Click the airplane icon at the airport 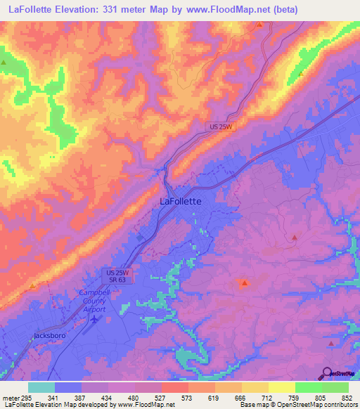(94, 319)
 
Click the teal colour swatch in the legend (41, 387)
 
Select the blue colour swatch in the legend (68, 387)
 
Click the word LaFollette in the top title (33, 9)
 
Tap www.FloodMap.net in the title (226, 9)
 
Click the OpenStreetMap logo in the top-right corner (340, 60)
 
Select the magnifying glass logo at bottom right (327, 374)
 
